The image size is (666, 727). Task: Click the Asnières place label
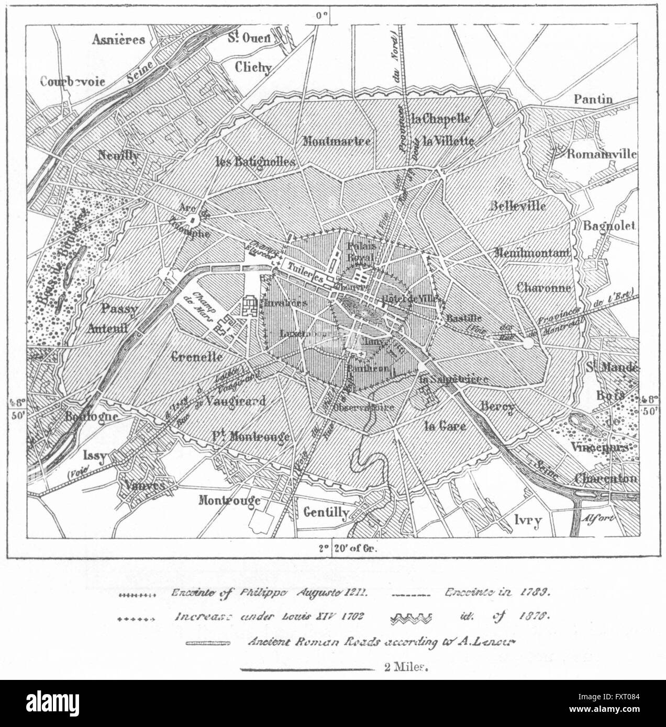(118, 40)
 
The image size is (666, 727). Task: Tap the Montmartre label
(337, 141)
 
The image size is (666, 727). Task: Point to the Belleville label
(517, 206)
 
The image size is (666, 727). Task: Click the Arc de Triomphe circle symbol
(192, 221)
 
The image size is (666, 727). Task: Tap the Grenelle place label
(197, 357)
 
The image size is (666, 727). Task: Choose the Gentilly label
(326, 513)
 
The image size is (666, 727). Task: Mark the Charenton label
(606, 478)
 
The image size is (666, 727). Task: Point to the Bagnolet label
(609, 226)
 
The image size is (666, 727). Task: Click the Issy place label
(94, 456)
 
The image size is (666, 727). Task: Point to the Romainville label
(602, 154)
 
